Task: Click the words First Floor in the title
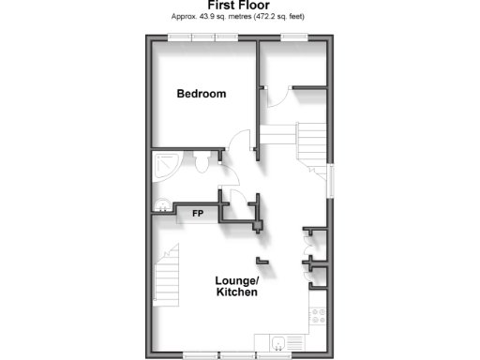pos(239,7)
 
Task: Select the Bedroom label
pos(202,94)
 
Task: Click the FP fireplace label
pos(198,214)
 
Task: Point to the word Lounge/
pos(236,281)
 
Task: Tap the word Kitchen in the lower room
pos(236,293)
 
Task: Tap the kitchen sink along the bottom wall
pos(279,341)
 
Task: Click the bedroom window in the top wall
pos(202,37)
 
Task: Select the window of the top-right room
pos(293,37)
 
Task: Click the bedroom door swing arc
pos(240,142)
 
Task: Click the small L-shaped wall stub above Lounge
pos(263,259)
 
